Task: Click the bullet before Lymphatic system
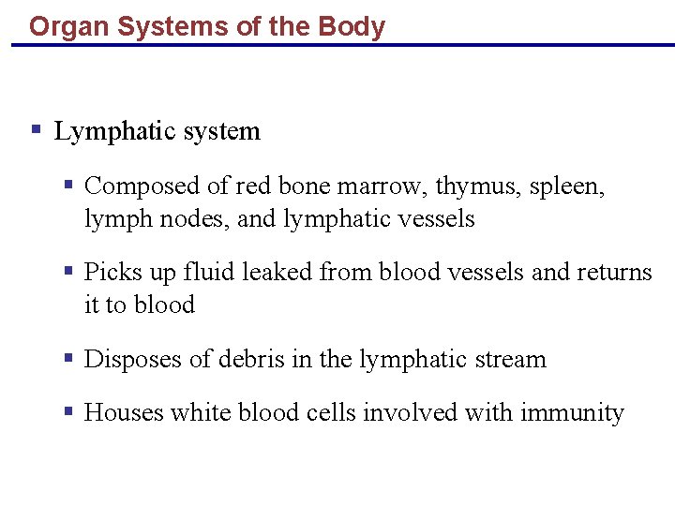coord(36,129)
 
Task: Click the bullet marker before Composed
coord(68,185)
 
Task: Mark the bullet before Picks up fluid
coord(68,271)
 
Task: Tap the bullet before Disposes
coord(68,357)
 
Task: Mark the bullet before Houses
coord(68,410)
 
